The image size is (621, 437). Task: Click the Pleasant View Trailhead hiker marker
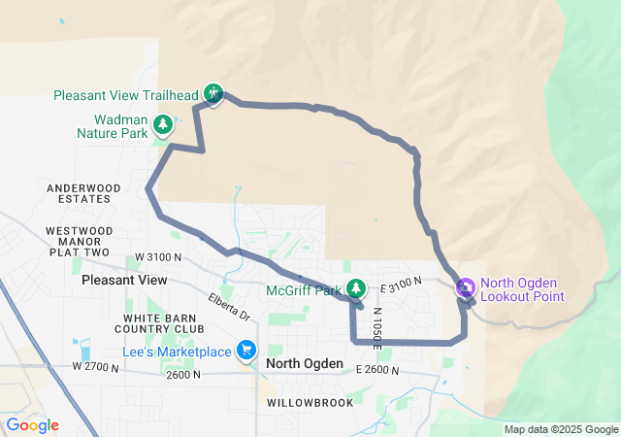[213, 93]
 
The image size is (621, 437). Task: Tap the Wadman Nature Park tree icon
[163, 123]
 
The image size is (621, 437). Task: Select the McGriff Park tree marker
[356, 287]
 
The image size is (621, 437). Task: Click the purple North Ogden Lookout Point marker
[464, 286]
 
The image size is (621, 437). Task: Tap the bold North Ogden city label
[304, 363]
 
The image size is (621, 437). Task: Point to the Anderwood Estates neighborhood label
[84, 193]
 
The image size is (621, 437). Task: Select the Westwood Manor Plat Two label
[79, 241]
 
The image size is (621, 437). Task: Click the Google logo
[32, 425]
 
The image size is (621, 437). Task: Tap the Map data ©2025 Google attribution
[561, 429]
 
